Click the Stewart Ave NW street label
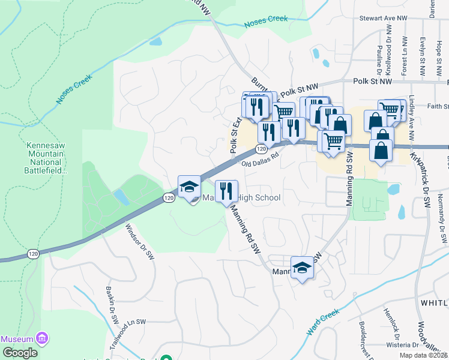click(383, 19)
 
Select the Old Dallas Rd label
click(261, 159)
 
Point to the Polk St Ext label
click(235, 134)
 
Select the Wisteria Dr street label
click(402, 345)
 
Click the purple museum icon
click(41, 339)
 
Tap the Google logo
click(19, 353)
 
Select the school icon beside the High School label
click(189, 187)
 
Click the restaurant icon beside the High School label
click(226, 191)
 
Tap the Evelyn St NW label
click(423, 55)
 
